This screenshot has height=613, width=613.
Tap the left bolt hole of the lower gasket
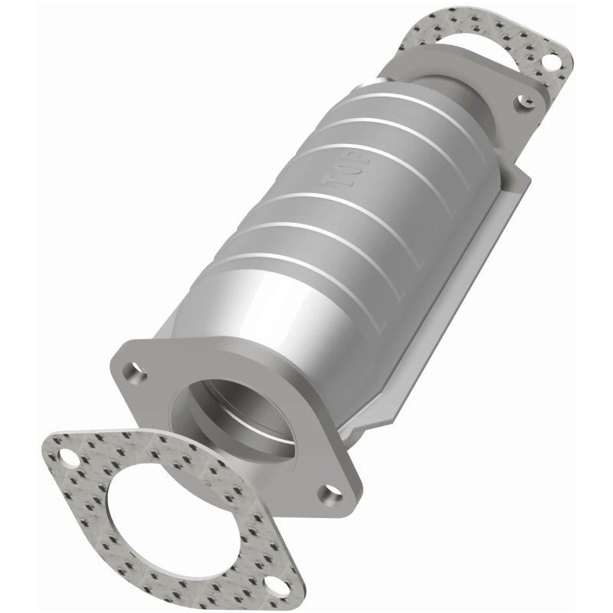pos(70,460)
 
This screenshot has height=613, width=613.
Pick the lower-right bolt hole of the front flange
pos(331,494)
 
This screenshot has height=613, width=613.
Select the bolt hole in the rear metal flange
pos(523,99)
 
